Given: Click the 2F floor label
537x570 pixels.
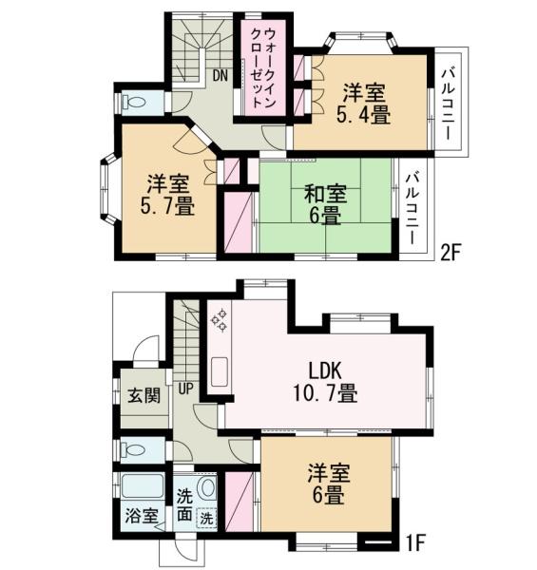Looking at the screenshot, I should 451,254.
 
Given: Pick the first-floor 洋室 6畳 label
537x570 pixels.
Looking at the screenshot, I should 324,483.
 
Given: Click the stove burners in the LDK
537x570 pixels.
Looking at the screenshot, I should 219,319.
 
